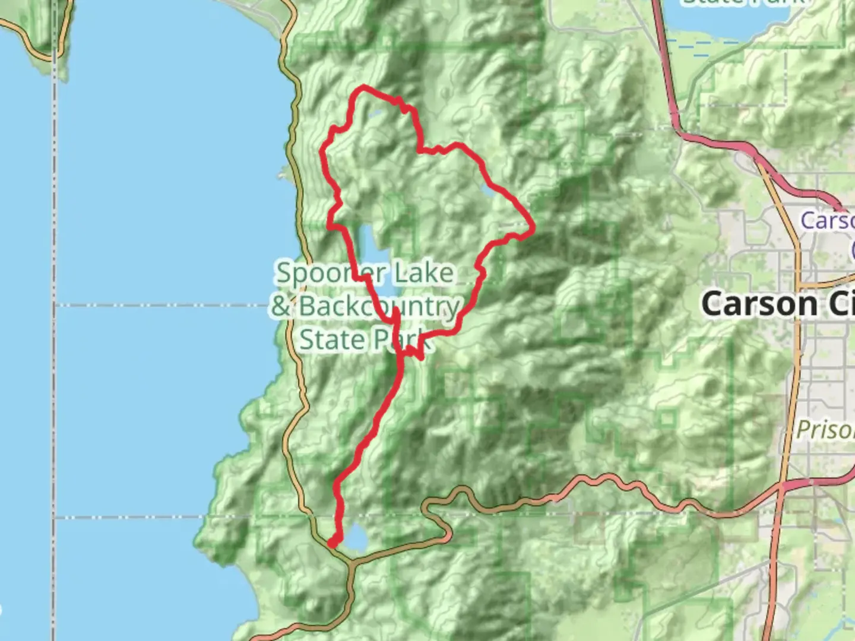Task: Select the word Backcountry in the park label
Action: click(x=379, y=306)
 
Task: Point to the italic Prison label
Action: click(x=825, y=429)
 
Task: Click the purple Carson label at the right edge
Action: click(x=828, y=221)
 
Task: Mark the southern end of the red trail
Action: click(x=332, y=542)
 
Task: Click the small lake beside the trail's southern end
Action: click(x=355, y=538)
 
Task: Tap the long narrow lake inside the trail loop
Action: click(x=369, y=255)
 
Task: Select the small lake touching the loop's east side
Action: click(x=488, y=191)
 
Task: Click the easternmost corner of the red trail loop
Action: click(x=533, y=227)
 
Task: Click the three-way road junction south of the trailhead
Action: click(x=351, y=564)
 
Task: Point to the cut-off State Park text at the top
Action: click(x=742, y=2)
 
